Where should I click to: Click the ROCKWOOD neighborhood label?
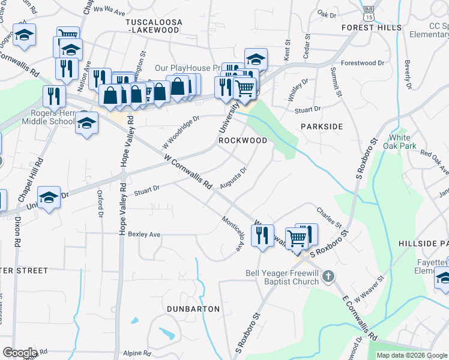pos(243,140)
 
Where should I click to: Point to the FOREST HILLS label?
pos(371,28)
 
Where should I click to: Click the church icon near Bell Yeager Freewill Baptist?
pos(328,277)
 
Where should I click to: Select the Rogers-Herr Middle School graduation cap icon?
pos(87,123)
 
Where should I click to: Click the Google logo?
pos(20,353)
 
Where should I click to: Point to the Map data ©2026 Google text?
pos(411,355)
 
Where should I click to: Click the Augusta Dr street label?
pos(234,178)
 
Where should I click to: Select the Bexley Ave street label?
pos(144,234)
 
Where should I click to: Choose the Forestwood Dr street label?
pos(362,63)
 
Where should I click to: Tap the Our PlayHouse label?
pos(185,68)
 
